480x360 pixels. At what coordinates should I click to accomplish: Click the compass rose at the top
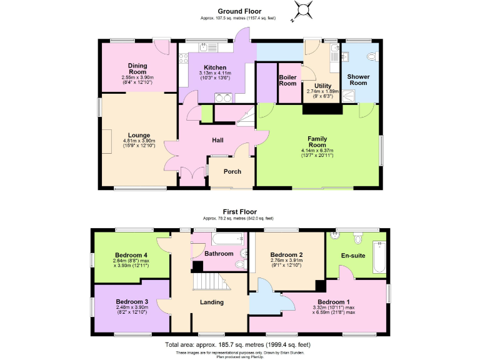pyautogui.click(x=303, y=10)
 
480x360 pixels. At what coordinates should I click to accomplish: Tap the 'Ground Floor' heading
pyautogui.click(x=239, y=11)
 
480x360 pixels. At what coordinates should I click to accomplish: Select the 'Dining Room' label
pyautogui.click(x=137, y=68)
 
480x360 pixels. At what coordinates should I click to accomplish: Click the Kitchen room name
pyautogui.click(x=215, y=68)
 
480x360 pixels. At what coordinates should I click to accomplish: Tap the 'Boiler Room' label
pyautogui.click(x=287, y=80)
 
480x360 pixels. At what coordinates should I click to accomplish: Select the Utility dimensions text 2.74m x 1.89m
pyautogui.click(x=322, y=91)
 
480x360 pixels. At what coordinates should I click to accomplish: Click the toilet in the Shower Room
pyautogui.click(x=372, y=57)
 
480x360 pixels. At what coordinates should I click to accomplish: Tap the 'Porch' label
pyautogui.click(x=232, y=172)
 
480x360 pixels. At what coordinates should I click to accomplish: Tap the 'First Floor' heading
pyautogui.click(x=239, y=212)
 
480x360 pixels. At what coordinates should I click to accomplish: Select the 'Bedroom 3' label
pyautogui.click(x=131, y=302)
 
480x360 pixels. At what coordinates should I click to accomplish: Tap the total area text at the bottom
pyautogui.click(x=237, y=344)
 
